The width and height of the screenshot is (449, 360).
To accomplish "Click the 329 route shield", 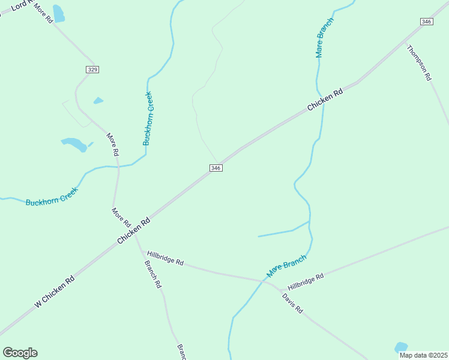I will coord(92,70).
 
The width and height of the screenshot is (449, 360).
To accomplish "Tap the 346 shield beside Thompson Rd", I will coord(426,22).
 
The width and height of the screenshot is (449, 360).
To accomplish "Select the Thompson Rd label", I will coord(419,62).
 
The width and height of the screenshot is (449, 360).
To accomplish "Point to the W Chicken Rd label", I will coord(55,292).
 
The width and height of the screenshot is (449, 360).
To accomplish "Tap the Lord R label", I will coord(22,6).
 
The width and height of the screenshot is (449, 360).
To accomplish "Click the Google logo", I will coord(20,353).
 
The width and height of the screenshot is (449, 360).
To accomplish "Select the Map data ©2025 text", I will coord(423,355).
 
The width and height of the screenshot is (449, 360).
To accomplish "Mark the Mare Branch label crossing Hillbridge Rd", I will coord(286,266).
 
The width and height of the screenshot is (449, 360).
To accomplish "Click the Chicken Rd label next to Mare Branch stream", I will coord(325,99).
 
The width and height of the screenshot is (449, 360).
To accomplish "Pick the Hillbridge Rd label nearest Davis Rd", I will coord(305,281).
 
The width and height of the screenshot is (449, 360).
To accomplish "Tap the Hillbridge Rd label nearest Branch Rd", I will coord(165,258).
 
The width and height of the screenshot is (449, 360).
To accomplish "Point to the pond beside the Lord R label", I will coord(58,13).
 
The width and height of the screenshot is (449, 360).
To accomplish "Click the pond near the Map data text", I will coord(401,347).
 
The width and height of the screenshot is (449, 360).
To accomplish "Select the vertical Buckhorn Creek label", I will coord(148,118).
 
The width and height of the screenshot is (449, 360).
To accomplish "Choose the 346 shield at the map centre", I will coord(216,168).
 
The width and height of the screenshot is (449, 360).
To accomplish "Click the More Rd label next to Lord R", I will coord(44,13).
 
